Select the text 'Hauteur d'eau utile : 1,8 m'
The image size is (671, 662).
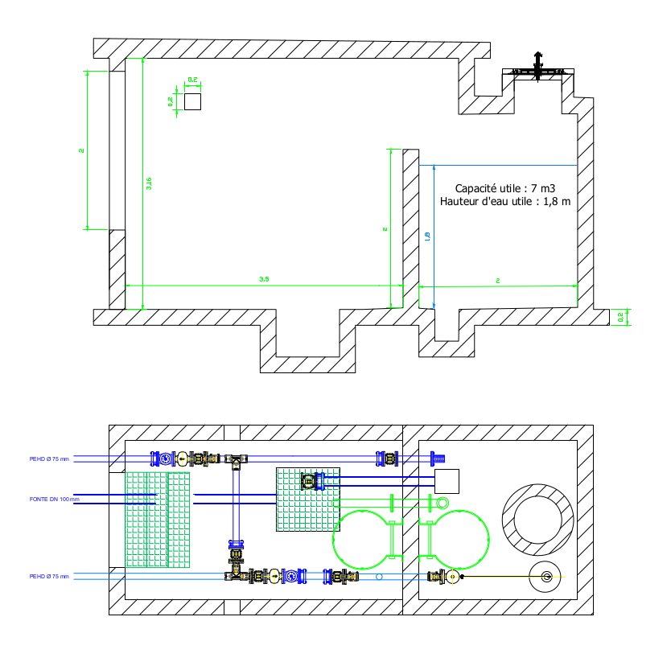tap(505, 202)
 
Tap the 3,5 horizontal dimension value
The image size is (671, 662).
tap(264, 279)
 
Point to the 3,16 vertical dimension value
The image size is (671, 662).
tap(149, 183)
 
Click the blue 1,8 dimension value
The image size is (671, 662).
tap(427, 236)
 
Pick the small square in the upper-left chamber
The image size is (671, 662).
tap(192, 101)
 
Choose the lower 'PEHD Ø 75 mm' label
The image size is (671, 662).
tap(49, 576)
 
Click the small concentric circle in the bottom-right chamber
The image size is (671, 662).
tap(547, 576)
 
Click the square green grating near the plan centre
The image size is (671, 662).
tap(308, 499)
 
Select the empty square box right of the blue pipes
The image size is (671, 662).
tap(447, 481)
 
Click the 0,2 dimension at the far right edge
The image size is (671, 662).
tap(620, 317)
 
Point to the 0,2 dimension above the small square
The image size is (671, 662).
tap(193, 80)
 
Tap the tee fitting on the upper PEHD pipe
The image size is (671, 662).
tap(236, 460)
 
